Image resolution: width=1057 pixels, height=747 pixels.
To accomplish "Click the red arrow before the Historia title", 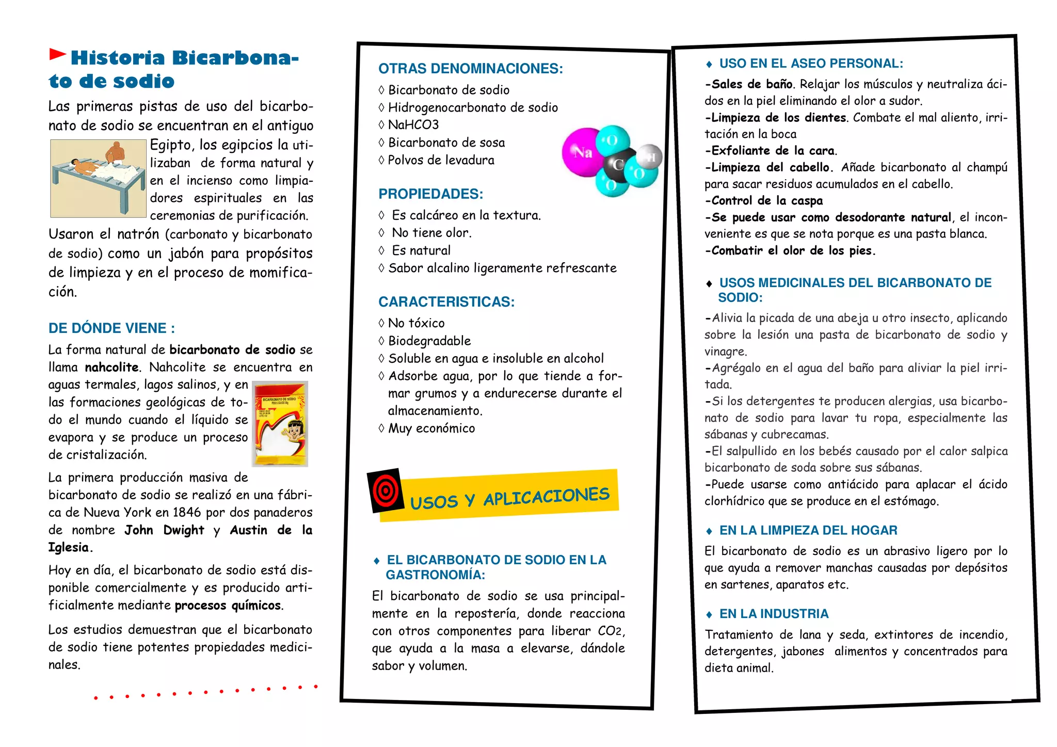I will [x=57, y=54].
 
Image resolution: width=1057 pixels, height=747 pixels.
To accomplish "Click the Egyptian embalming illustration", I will [x=98, y=178].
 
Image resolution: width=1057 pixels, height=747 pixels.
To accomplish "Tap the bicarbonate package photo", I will [x=280, y=423].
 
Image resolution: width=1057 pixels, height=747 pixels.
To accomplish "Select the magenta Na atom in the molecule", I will [x=582, y=152].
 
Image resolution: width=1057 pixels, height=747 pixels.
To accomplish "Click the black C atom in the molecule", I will [x=617, y=165].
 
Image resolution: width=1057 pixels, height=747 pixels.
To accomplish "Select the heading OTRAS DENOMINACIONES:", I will [x=470, y=69].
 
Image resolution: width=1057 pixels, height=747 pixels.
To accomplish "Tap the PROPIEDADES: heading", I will [x=430, y=194].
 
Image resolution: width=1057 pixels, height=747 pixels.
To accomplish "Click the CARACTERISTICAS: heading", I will [x=446, y=302].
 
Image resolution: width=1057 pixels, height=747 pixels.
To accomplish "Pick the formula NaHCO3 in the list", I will [x=413, y=125].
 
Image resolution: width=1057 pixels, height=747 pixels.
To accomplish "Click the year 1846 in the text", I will [x=187, y=513].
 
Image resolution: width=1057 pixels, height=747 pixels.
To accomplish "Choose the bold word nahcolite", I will [x=112, y=368].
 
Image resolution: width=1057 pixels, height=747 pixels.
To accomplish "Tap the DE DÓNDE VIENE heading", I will [x=111, y=328].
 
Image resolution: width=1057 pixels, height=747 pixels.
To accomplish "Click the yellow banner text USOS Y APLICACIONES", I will [x=509, y=497].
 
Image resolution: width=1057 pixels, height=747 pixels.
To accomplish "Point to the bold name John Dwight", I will [x=164, y=530].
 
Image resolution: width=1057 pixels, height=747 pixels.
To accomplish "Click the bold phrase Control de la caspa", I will [x=767, y=201].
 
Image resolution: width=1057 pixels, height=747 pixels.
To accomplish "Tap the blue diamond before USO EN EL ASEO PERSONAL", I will [x=709, y=65].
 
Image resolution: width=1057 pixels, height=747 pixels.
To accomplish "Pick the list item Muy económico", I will [x=431, y=428].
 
